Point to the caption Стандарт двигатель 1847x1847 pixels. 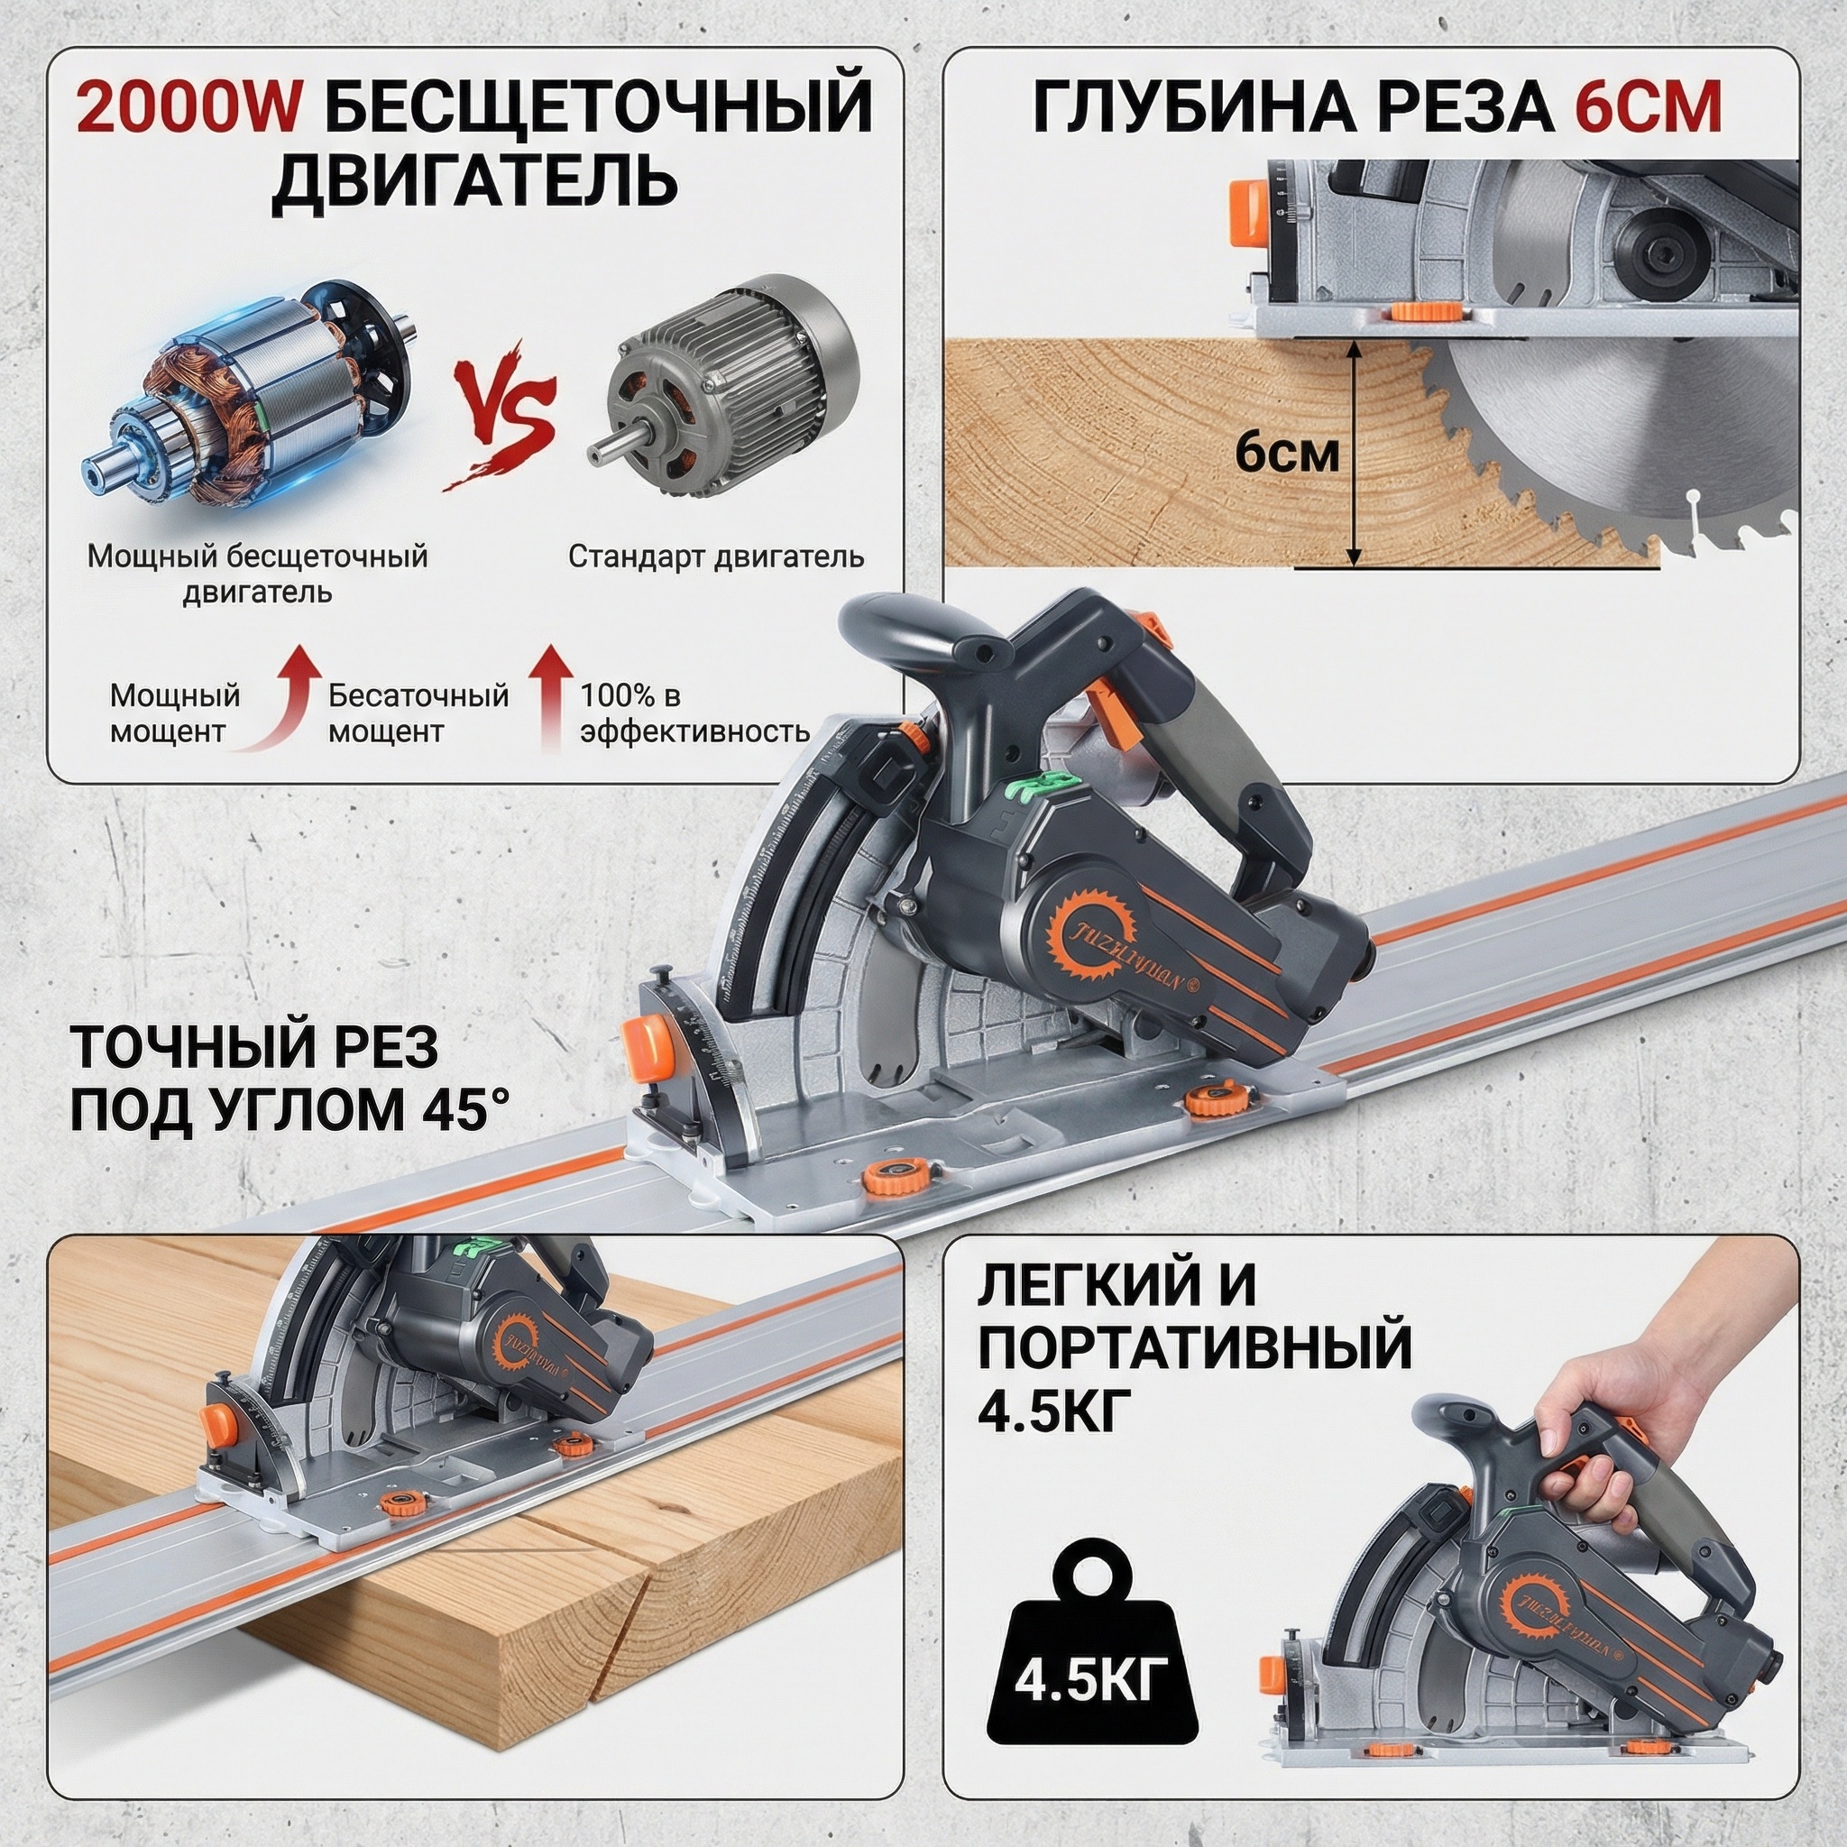click(x=716, y=556)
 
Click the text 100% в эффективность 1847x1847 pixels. click(x=695, y=713)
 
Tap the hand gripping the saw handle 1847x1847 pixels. click(x=1586, y=1420)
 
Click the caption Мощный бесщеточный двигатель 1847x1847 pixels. click(x=257, y=574)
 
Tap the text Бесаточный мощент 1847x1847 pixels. click(x=418, y=713)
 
